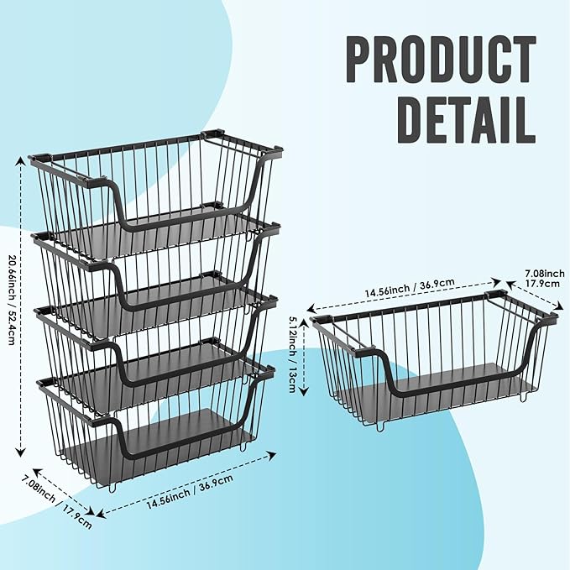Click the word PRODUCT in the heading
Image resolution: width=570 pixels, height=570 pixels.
tap(441, 60)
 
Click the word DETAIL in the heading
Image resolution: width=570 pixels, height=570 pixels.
tap(467, 119)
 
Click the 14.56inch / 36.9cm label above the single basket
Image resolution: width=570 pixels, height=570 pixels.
tap(410, 287)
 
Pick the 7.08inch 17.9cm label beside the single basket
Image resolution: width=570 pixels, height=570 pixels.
tap(545, 278)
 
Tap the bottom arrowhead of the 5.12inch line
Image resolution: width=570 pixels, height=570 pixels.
tap(304, 391)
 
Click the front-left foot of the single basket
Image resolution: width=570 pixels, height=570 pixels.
tap(380, 427)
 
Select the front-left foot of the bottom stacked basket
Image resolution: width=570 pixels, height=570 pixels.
tap(112, 488)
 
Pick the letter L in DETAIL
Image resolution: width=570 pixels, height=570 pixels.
tap(525, 119)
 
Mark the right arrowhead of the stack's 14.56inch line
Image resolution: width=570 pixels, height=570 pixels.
tap(271, 454)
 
